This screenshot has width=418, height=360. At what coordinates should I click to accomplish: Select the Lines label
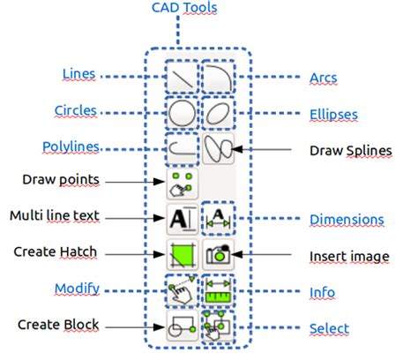78,74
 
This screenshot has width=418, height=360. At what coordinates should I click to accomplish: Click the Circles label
75,111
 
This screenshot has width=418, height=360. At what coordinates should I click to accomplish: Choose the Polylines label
70,146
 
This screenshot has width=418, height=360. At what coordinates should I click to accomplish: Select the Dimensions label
346,219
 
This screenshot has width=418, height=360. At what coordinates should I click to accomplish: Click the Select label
328,329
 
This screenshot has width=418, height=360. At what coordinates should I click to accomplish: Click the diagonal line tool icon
181,78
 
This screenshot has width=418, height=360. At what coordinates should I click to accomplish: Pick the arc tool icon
218,78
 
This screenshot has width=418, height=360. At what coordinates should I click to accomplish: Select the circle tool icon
181,113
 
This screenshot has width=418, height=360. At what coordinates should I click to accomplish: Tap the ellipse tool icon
218,113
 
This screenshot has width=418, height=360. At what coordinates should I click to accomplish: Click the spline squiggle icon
218,148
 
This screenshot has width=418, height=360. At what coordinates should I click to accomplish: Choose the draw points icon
181,184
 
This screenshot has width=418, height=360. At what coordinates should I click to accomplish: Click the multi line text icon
181,218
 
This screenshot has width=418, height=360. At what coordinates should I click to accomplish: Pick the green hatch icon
181,255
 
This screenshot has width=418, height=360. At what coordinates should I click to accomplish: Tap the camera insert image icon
218,255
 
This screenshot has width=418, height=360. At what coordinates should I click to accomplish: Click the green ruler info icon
218,290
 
